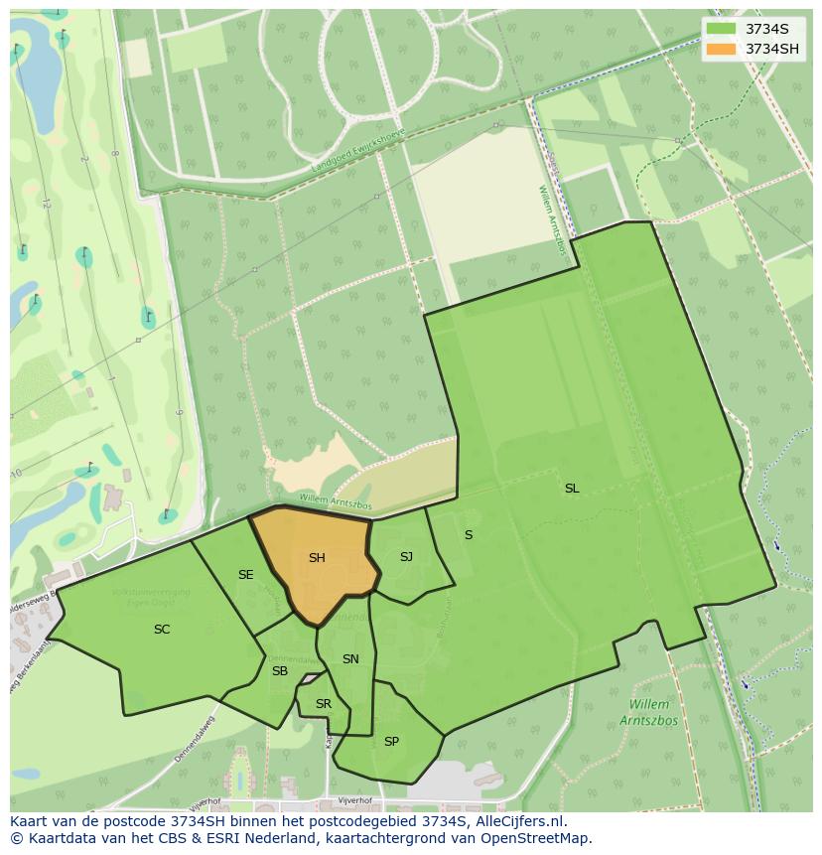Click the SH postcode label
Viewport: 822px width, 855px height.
pos(317,558)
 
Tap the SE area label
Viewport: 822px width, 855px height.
pos(246,575)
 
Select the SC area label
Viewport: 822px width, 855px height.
pos(162,630)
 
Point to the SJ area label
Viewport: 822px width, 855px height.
pos(406,557)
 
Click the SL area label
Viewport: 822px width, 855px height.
pos(572,489)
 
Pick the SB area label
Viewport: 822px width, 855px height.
pos(280,671)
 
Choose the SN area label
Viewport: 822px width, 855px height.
pos(350,659)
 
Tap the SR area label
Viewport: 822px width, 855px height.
pos(324,704)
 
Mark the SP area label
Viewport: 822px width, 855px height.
pos(391,742)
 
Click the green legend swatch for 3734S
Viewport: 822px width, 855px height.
pos(722,29)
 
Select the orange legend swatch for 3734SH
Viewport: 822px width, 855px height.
pos(722,49)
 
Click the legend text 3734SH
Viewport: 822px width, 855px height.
pos(773,49)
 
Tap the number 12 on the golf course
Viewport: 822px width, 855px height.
pos(47,203)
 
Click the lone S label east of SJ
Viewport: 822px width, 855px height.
pos(469,535)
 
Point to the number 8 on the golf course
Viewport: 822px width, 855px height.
pos(114,154)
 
